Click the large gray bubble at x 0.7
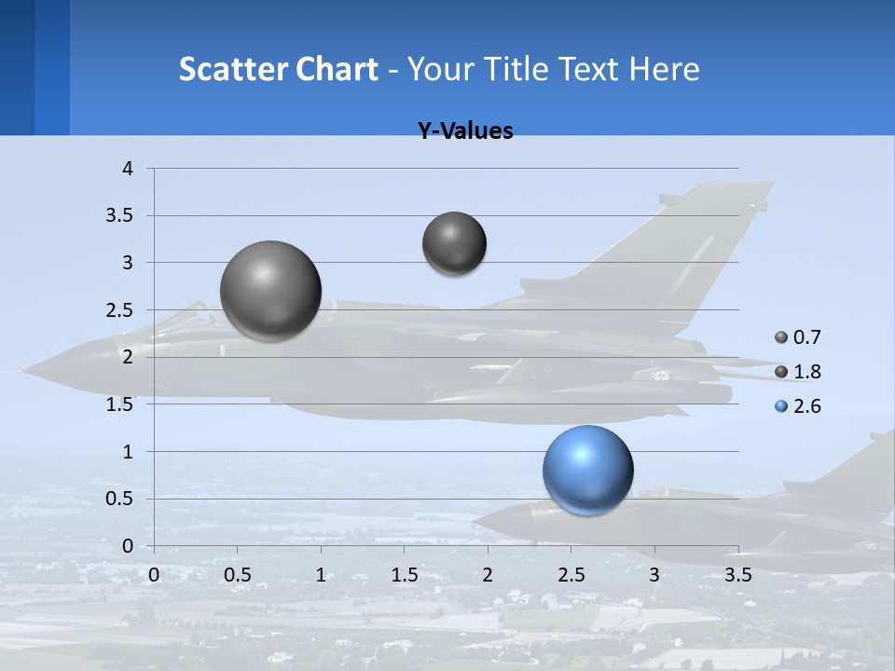tap(271, 291)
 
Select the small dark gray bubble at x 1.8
tap(454, 243)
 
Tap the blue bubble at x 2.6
tap(587, 471)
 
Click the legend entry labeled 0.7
tap(798, 337)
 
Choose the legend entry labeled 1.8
tap(798, 372)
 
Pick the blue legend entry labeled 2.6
tap(798, 406)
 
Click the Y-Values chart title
tap(465, 131)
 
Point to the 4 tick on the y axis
tap(128, 169)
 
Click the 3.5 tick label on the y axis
tap(120, 215)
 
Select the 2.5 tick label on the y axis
tap(120, 309)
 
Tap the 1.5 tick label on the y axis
tap(120, 404)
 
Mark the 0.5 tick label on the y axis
tap(120, 499)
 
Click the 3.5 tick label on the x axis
tap(738, 574)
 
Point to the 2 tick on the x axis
tap(488, 574)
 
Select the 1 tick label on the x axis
tap(321, 574)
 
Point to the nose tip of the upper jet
tap(21, 372)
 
